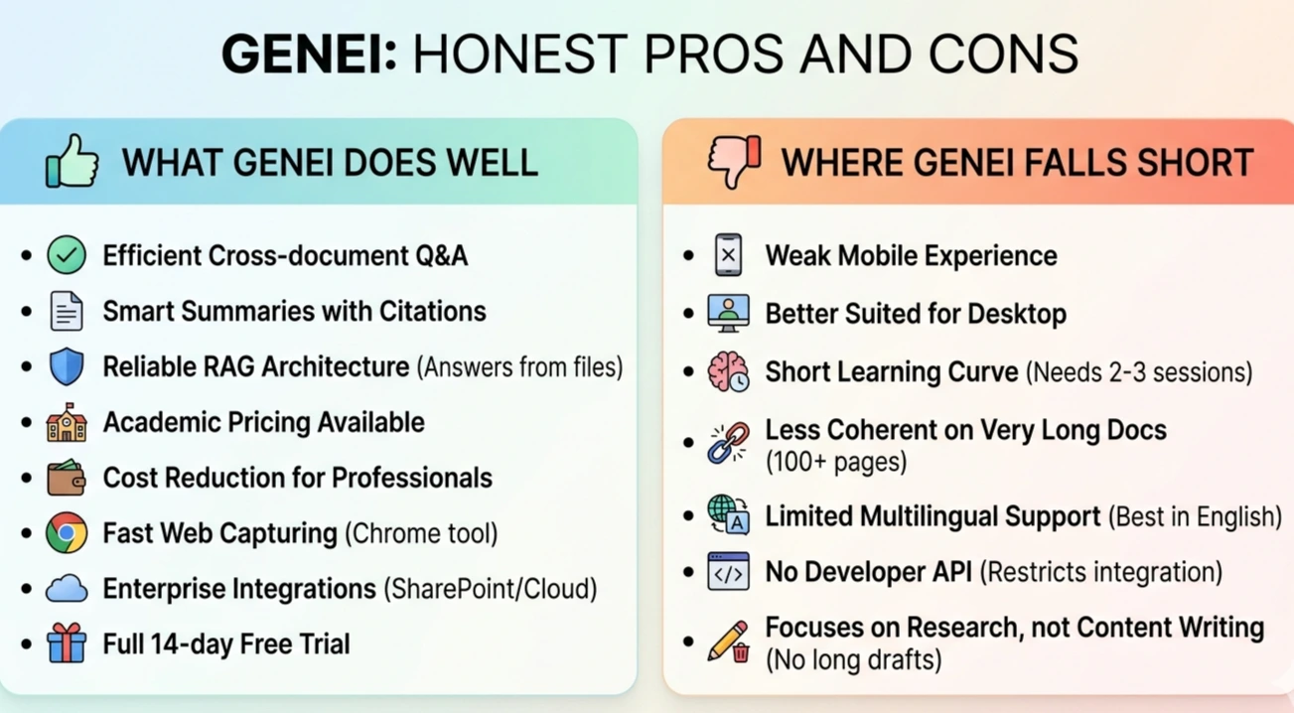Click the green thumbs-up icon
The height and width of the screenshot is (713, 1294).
(x=72, y=161)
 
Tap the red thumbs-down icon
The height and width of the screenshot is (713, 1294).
(x=734, y=162)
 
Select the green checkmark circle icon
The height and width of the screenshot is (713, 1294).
(x=67, y=255)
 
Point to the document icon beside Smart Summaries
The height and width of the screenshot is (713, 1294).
(x=67, y=311)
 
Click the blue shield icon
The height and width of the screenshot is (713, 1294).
(x=67, y=366)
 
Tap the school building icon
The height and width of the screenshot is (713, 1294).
(x=67, y=422)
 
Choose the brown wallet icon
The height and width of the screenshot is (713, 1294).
(x=67, y=478)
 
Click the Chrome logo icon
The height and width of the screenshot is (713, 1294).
(x=67, y=532)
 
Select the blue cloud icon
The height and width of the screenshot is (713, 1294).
(x=67, y=589)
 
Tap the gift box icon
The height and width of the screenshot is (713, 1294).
(x=67, y=642)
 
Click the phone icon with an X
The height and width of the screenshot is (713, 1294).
(x=729, y=255)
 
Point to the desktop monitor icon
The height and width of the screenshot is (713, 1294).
(x=729, y=313)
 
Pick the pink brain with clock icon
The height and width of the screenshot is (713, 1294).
(x=729, y=371)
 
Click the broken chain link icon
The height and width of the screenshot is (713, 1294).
(x=729, y=443)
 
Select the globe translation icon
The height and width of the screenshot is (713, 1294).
(x=729, y=514)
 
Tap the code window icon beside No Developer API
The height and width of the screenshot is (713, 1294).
(x=729, y=571)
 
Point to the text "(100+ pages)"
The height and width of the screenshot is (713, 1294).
(x=836, y=462)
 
